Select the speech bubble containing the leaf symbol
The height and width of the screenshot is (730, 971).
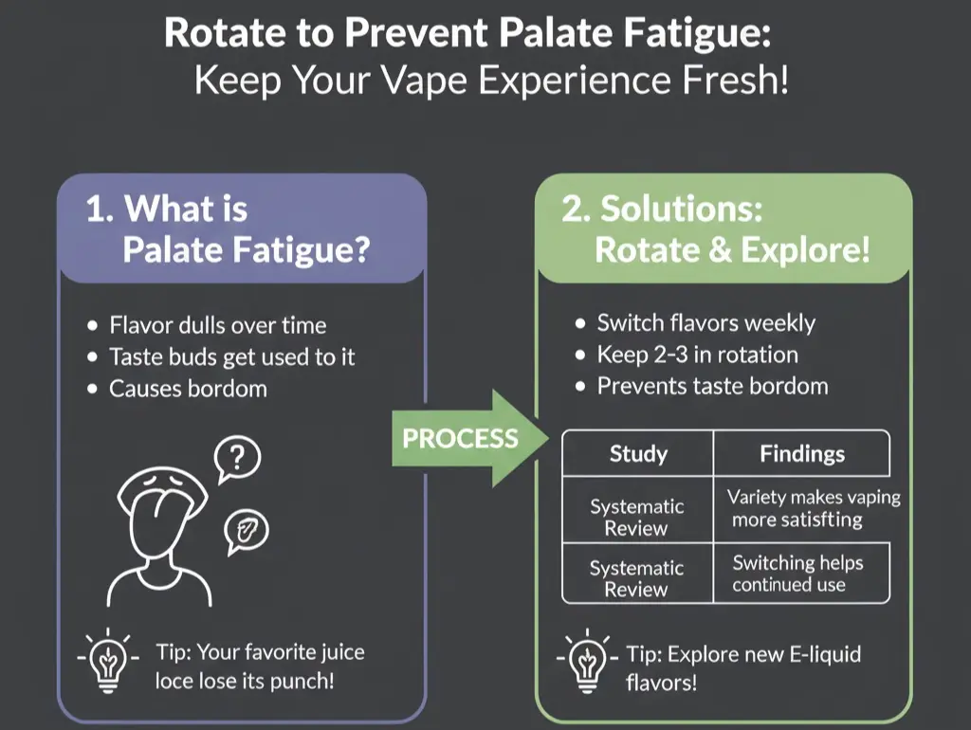pos(246,532)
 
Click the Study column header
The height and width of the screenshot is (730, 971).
pos(637,453)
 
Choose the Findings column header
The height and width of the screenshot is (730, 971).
pos(801,453)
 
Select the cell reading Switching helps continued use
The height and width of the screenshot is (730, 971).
pos(797,573)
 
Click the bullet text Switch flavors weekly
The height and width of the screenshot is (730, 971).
pos(705,322)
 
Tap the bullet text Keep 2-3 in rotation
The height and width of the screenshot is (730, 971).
pos(697,355)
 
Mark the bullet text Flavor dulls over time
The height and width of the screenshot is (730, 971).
pos(217,325)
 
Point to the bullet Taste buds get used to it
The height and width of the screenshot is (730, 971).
pos(232,356)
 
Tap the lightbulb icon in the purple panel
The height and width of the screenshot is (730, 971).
pos(109,658)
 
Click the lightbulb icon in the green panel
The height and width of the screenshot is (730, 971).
pos(588,660)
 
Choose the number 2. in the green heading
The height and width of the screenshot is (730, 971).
pos(577,209)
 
